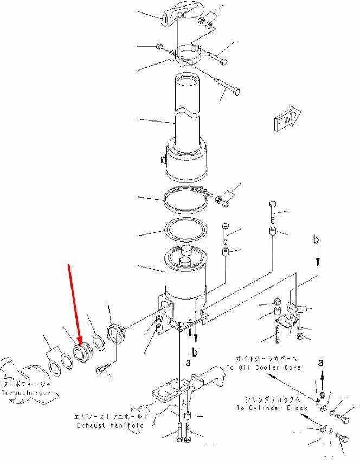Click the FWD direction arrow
tap(287, 118)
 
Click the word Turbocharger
tap(27, 393)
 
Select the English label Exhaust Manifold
tap(111, 425)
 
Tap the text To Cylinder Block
tap(272, 408)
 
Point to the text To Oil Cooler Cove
tap(263, 367)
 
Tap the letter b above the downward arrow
tap(316, 239)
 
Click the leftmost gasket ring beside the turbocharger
tap(55, 368)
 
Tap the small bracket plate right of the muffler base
tap(287, 321)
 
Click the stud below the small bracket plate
tap(277, 334)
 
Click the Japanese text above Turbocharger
tap(27, 384)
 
